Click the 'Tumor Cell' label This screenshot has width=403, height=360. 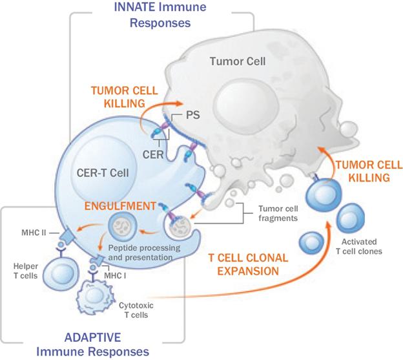(x=238, y=61)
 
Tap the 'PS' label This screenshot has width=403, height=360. (x=192, y=115)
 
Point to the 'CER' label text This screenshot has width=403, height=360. (x=153, y=154)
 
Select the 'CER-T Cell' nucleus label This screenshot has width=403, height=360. (x=103, y=173)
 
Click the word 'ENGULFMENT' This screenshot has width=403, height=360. (x=120, y=206)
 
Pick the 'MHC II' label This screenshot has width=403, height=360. (x=34, y=233)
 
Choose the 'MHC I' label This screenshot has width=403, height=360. (x=115, y=276)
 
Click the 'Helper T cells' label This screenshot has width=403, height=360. (x=26, y=271)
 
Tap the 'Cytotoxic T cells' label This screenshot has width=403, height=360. (x=136, y=310)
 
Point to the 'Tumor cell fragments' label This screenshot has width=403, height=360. (x=278, y=213)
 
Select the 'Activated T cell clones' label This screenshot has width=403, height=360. (x=359, y=246)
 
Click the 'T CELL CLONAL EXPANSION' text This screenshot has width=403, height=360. (x=248, y=264)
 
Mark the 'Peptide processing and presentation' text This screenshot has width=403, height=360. (x=144, y=253)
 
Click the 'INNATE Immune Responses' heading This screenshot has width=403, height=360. (x=160, y=15)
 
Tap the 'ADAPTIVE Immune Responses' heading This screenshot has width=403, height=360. (x=93, y=344)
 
